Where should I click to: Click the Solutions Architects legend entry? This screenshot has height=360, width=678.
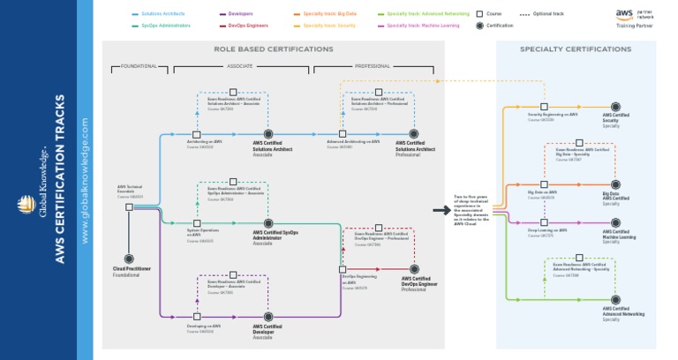[160, 14]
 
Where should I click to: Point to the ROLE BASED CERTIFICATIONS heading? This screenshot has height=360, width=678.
[273, 49]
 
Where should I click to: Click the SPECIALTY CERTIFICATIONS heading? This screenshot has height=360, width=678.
[575, 49]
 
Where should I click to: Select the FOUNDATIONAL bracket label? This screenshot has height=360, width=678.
[139, 66]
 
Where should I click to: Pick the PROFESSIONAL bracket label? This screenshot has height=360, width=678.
[373, 66]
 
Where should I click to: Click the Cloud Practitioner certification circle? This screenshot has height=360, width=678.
[129, 259]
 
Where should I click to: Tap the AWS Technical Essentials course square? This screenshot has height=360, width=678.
[129, 207]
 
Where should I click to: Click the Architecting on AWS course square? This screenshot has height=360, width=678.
[197, 134]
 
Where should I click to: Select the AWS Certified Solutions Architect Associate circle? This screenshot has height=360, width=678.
[268, 134]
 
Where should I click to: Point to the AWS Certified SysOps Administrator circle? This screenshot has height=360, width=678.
[268, 224]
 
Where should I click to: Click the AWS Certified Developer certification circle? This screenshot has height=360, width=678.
[268, 316]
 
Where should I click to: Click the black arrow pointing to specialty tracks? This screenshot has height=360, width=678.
[441, 211]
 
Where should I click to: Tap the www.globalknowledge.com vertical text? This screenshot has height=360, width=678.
[85, 180]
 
